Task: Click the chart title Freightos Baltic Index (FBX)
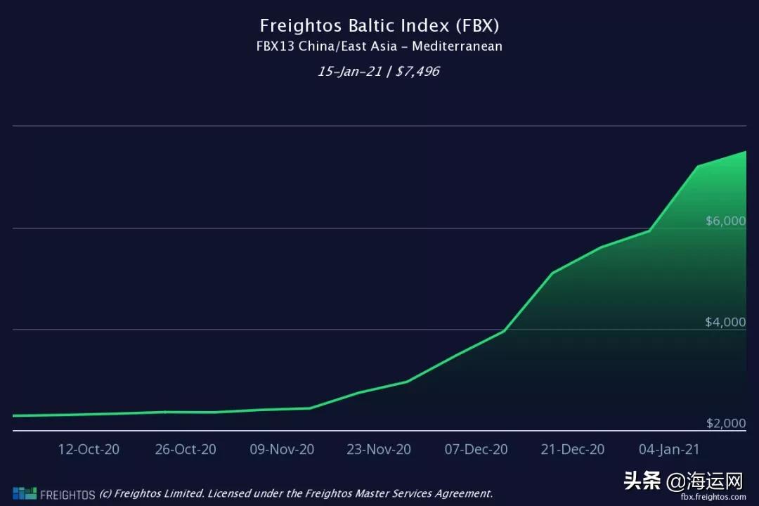(379, 26)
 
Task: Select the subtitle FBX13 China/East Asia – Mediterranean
(379, 47)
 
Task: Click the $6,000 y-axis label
(725, 221)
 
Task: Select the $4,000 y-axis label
(725, 323)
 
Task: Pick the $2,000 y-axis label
(725, 424)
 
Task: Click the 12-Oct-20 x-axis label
(89, 449)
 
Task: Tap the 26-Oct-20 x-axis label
(186, 449)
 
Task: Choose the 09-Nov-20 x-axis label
(282, 449)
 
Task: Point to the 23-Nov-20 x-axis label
(379, 449)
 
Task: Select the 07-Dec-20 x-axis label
(476, 449)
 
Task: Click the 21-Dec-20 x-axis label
(573, 449)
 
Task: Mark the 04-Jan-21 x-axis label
(669, 449)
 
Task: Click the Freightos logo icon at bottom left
(24, 493)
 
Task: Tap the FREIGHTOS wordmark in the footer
(67, 494)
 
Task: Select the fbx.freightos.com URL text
(713, 497)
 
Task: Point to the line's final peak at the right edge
(745, 152)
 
